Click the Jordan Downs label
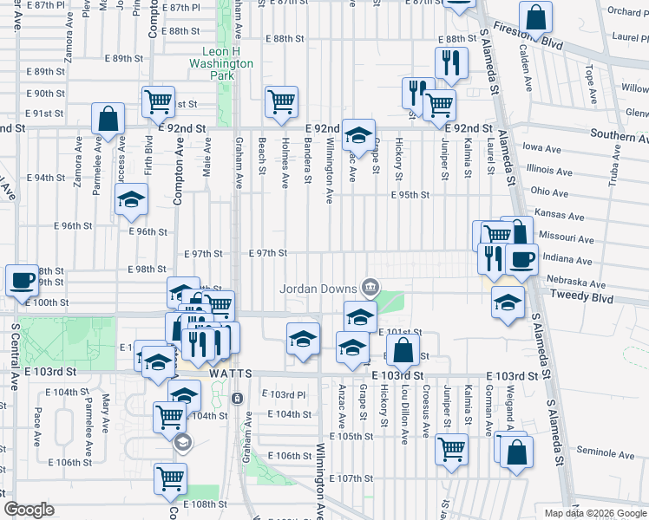tap(318, 288)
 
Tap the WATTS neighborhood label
tap(231, 373)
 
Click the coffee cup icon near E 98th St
tap(22, 280)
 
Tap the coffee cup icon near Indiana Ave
tap(521, 259)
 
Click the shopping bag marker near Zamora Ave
tap(108, 119)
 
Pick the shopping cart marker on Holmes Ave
tap(281, 102)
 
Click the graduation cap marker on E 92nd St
tap(357, 135)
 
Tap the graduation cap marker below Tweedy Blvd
tap(508, 302)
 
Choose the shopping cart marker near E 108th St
tap(171, 478)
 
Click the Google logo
tap(29, 510)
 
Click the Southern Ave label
tap(619, 135)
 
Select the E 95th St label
tap(410, 195)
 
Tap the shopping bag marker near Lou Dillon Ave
tap(403, 351)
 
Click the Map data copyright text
tap(589, 513)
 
